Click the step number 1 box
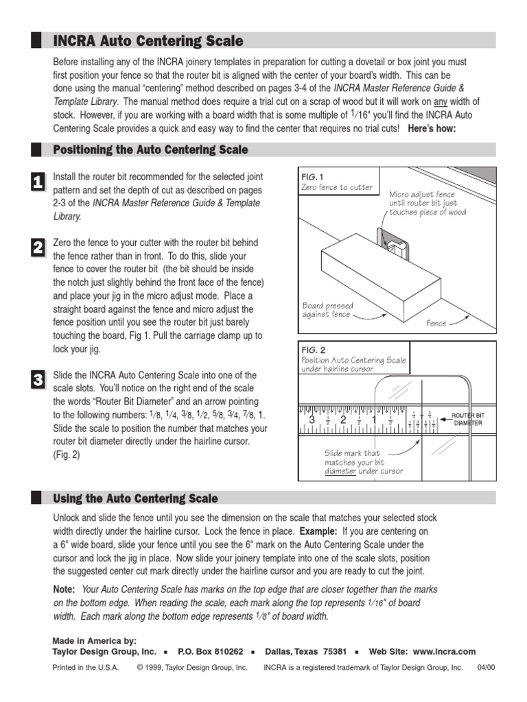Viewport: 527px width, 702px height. (x=38, y=181)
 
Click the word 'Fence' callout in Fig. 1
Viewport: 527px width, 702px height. (x=436, y=324)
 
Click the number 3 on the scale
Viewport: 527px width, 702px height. (x=312, y=420)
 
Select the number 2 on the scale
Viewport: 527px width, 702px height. (x=343, y=420)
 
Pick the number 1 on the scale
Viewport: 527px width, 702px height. (x=374, y=420)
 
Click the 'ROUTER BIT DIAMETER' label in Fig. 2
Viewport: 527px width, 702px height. (x=467, y=419)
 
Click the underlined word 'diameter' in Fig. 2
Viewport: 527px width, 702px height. (x=340, y=471)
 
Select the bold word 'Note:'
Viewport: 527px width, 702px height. (x=65, y=590)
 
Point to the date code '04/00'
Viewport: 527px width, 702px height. (x=485, y=668)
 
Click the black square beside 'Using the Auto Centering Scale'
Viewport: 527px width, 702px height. (x=35, y=498)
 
